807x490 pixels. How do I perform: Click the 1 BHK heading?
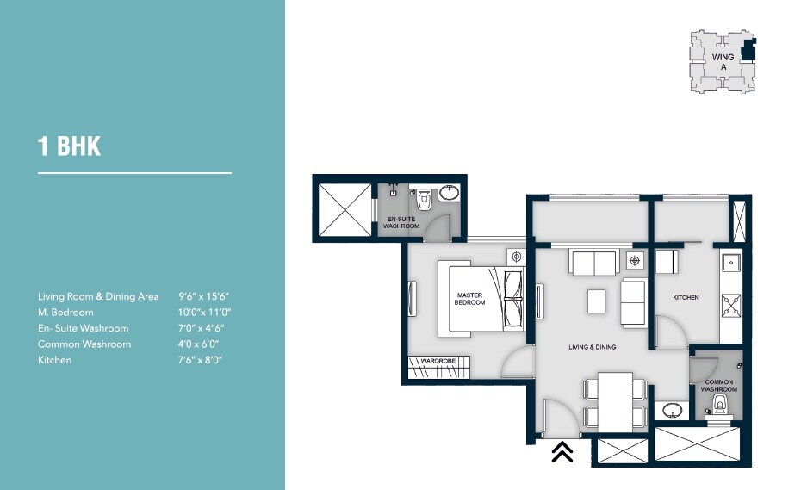click(69, 146)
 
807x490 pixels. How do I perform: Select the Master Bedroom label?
click(470, 299)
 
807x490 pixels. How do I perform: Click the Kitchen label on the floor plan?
click(686, 298)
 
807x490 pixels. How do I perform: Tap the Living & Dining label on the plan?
click(592, 347)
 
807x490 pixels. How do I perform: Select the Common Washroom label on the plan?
click(718, 385)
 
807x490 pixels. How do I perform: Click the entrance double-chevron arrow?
click(562, 451)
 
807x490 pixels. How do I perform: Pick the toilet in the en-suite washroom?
click(423, 202)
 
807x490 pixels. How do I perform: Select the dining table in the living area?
click(615, 400)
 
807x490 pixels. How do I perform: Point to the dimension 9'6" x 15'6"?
click(206, 296)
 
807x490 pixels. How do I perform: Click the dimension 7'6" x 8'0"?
click(201, 360)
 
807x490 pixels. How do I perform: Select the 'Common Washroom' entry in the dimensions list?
click(84, 344)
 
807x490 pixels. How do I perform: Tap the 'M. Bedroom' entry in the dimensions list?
click(65, 312)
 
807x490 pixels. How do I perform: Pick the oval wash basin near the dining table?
click(672, 410)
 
